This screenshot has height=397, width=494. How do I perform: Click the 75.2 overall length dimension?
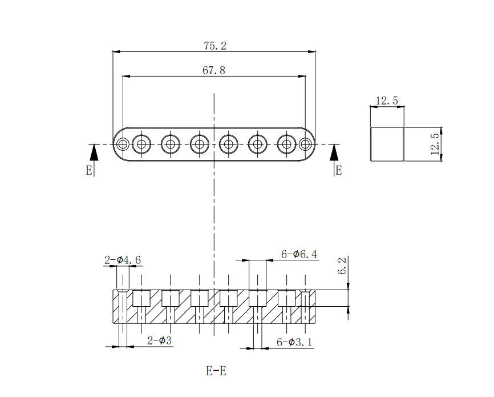(214, 46)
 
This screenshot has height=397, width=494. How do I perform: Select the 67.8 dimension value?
(214, 70)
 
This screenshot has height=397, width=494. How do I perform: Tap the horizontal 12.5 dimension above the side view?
(387, 101)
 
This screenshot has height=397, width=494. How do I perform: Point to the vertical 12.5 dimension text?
(435, 144)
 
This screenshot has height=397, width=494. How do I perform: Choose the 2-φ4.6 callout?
(122, 260)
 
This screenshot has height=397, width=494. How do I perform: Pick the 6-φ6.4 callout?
(299, 254)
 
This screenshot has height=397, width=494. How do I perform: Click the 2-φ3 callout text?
(159, 341)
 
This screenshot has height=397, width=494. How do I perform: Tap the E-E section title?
(216, 371)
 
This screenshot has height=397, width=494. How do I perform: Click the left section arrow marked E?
(94, 153)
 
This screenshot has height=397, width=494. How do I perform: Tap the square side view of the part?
(387, 144)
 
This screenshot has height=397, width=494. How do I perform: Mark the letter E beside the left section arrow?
(89, 170)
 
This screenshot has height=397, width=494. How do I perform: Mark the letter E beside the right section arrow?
(338, 170)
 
